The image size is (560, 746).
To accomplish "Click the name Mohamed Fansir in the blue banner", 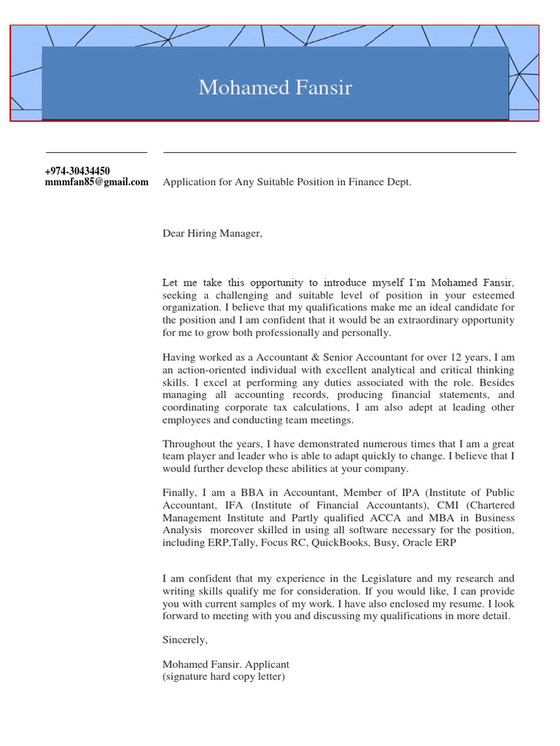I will (x=275, y=88).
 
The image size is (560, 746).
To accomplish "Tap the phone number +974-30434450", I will (x=77, y=171).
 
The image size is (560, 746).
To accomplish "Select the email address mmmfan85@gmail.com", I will (x=96, y=182).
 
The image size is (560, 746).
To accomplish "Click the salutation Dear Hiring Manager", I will (x=211, y=234).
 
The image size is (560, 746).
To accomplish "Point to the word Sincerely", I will (x=184, y=640).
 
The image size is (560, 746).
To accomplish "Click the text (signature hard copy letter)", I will (x=223, y=677).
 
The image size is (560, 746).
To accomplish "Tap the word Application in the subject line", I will (x=190, y=182).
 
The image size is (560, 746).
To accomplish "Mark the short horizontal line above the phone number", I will (x=96, y=152).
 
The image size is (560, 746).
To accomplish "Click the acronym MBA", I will (x=439, y=518).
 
